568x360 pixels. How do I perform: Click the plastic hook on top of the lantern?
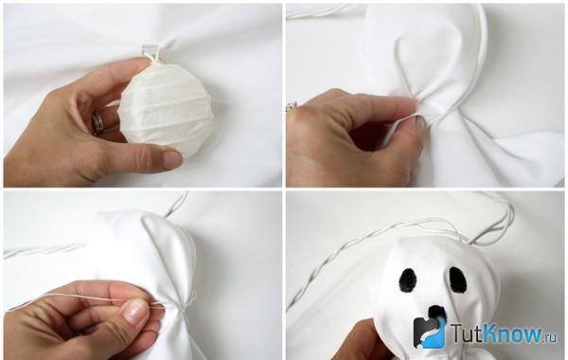click(152, 52)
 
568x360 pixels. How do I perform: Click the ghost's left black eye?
click(408, 280)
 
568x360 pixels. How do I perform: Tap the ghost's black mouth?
click(437, 312)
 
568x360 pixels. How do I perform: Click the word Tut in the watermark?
click(466, 333)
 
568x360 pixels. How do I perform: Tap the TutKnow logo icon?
click(430, 333)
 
